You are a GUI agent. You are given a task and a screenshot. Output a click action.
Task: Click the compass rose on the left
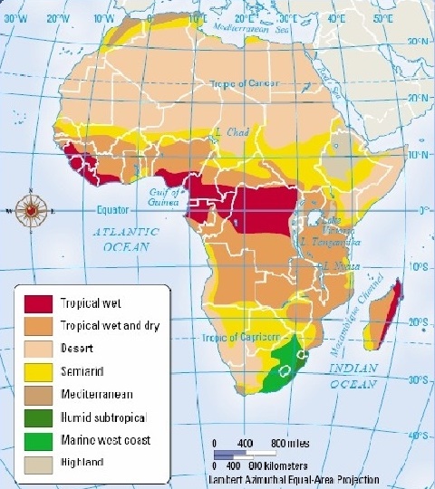click(32, 208)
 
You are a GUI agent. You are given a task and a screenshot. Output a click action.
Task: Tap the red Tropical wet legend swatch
click(36, 302)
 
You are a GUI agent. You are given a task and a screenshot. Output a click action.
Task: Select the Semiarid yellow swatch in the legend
click(36, 370)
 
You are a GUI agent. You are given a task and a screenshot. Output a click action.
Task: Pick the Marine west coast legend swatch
click(36, 439)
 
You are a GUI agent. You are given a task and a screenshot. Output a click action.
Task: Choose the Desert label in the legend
click(75, 348)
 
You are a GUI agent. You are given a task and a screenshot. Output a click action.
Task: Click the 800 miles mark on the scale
click(292, 444)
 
